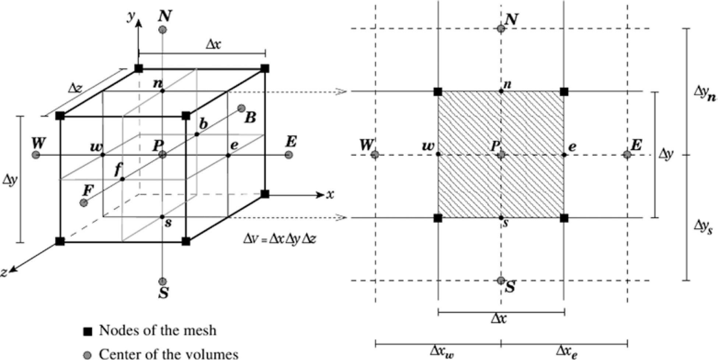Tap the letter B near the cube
(250, 118)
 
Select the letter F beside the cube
(88, 191)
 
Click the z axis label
(4, 272)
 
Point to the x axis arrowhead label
(330, 194)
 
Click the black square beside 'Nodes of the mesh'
(87, 331)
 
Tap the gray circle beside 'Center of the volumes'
(87, 355)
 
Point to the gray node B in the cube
(241, 108)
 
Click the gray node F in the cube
(84, 202)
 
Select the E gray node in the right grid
(627, 155)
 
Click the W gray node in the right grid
(375, 155)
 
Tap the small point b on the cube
(197, 134)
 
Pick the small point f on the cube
(123, 179)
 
